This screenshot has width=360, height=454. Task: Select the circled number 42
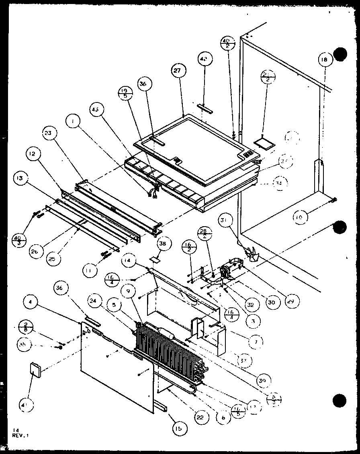click(204, 59)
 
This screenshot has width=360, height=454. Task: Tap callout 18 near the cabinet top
click(324, 60)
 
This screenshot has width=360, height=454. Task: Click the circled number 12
click(34, 153)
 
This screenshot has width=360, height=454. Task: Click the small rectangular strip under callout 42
click(205, 106)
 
